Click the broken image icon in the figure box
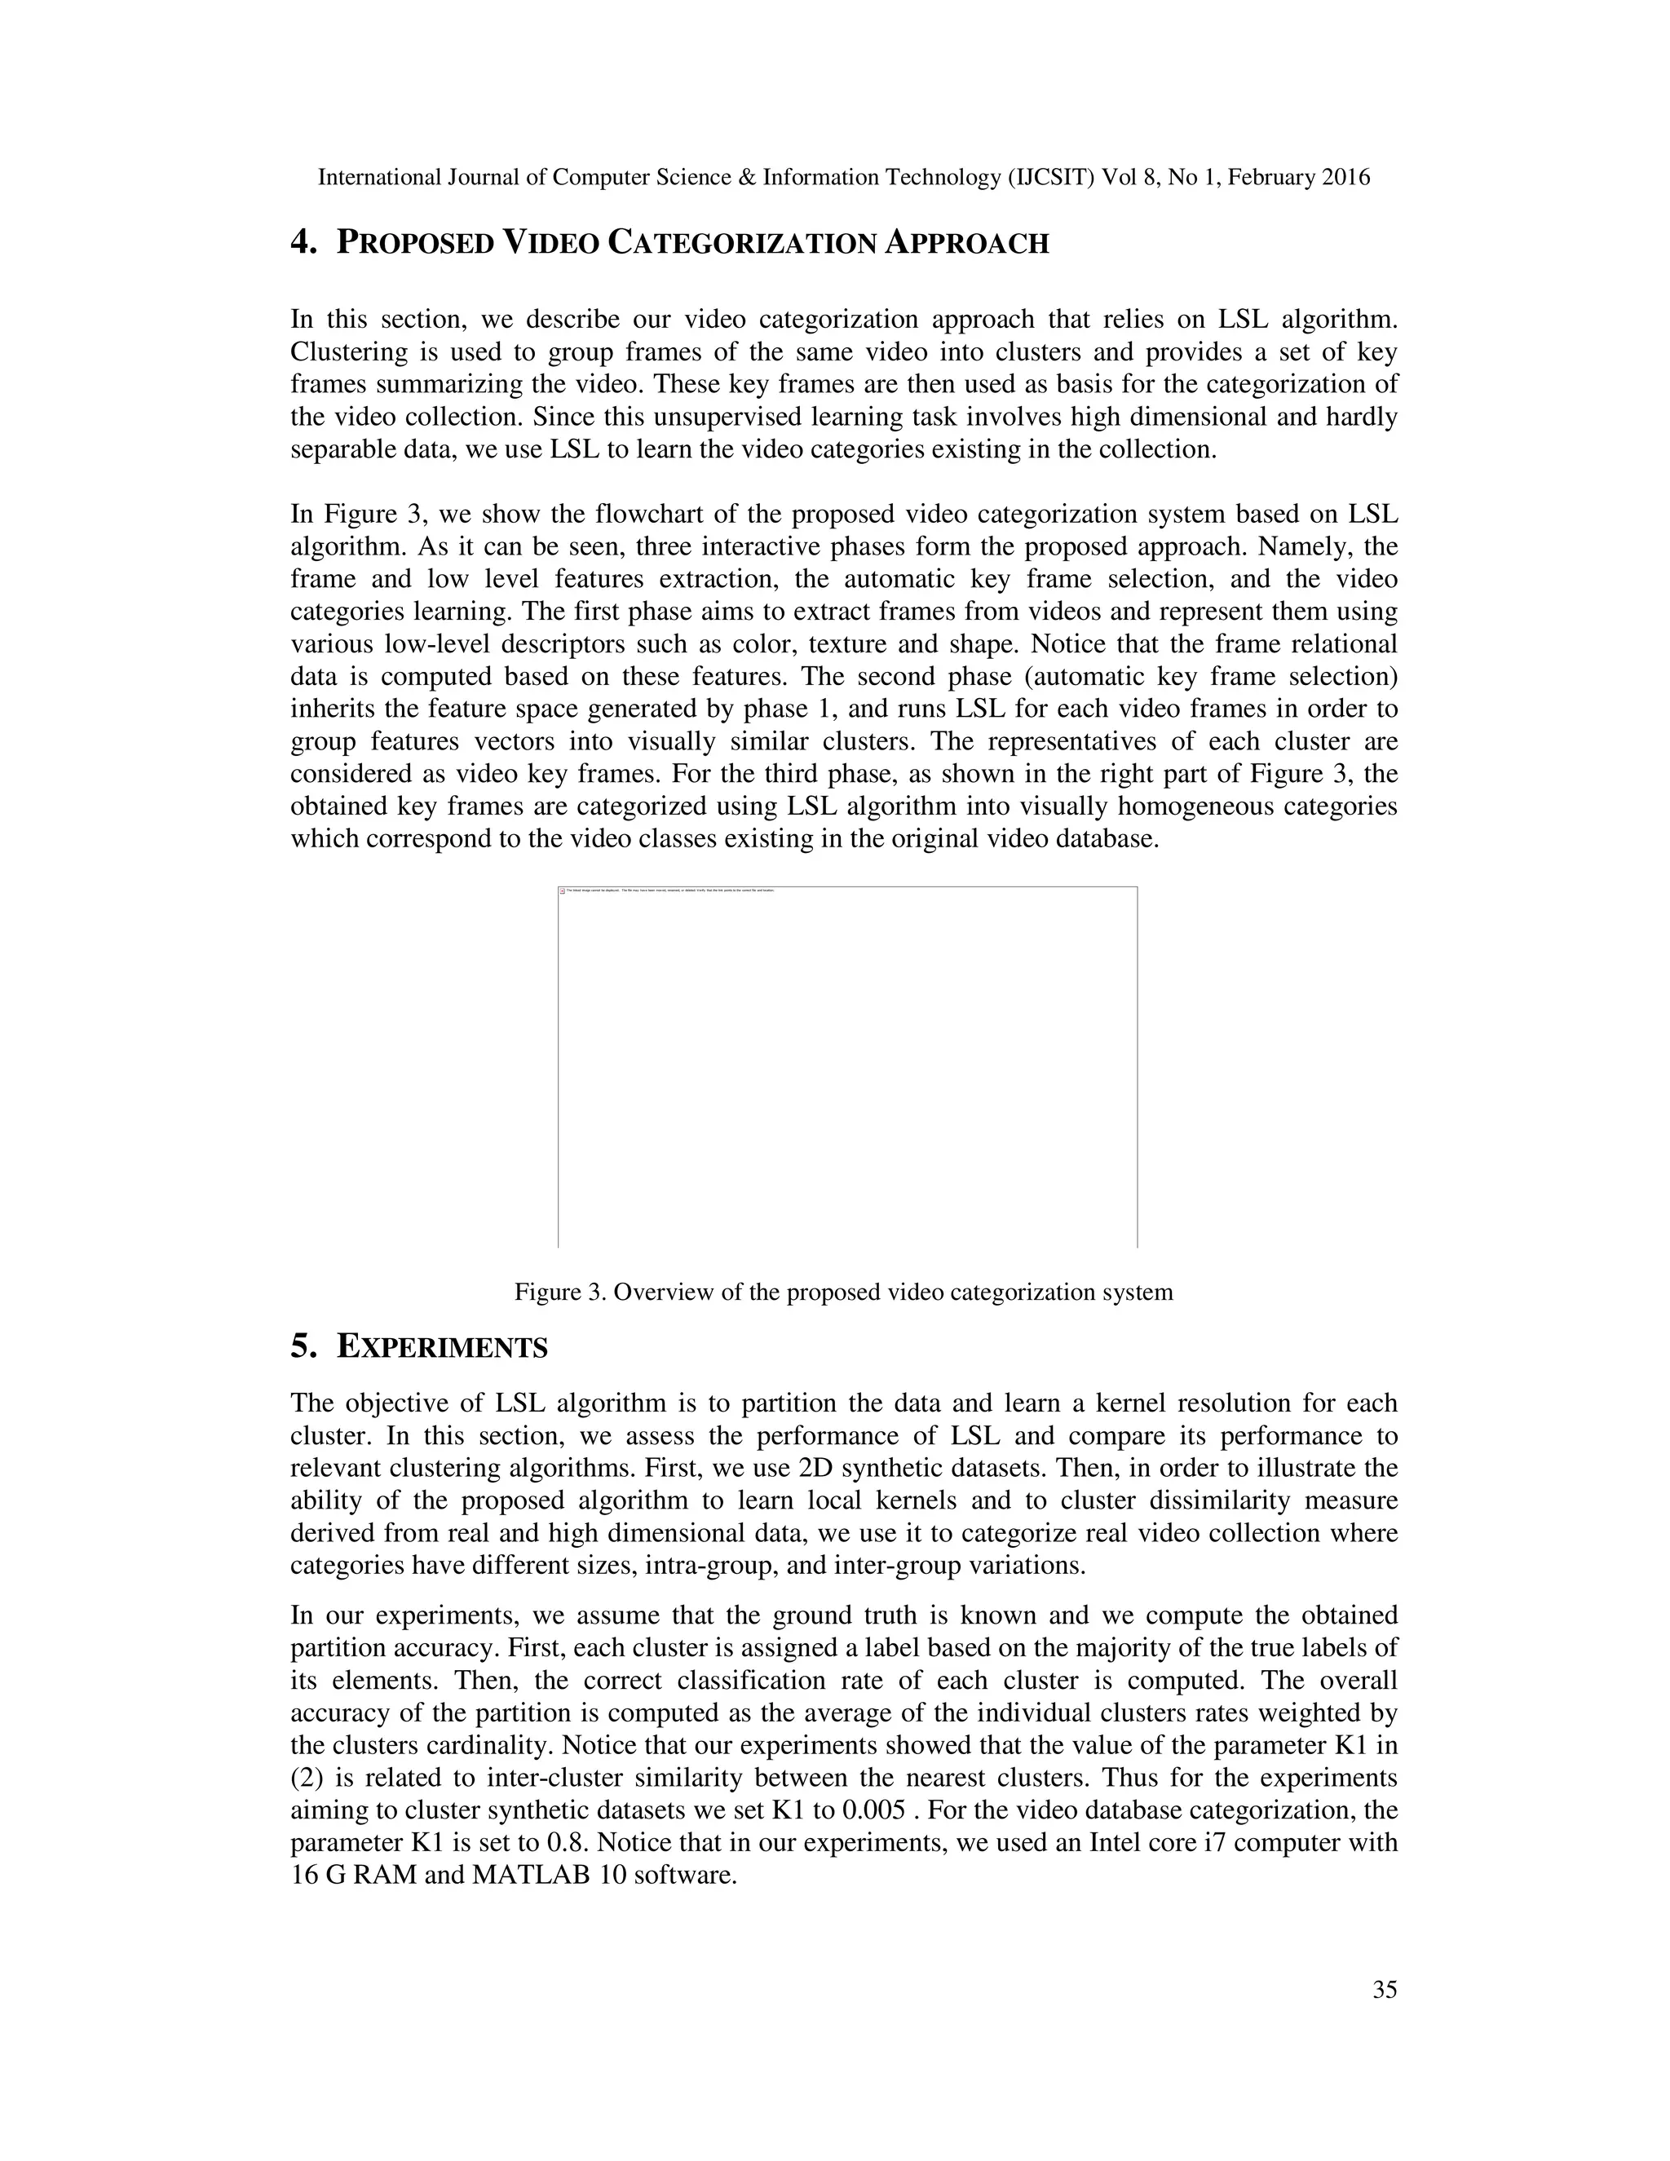(x=563, y=891)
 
